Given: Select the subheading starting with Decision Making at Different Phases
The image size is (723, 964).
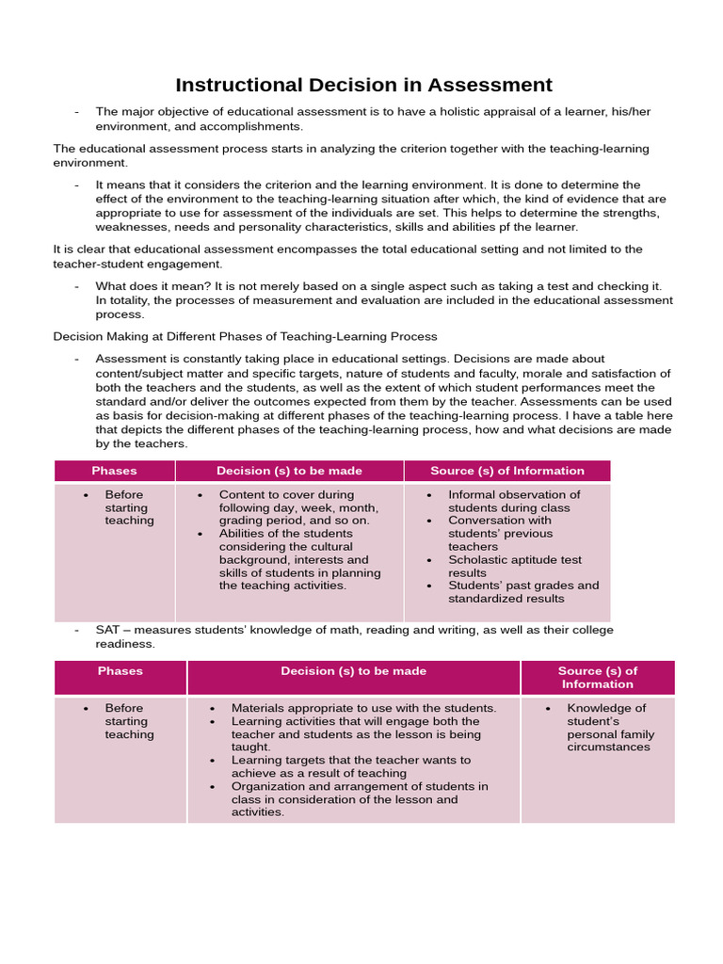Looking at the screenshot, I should [x=245, y=336].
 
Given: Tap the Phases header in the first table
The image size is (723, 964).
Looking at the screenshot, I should [x=114, y=471].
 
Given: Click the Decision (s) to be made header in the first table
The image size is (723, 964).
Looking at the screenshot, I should [x=289, y=471].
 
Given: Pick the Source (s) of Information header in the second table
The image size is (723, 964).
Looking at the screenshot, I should [x=597, y=678].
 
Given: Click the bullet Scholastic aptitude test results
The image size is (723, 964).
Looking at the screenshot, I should [x=514, y=566].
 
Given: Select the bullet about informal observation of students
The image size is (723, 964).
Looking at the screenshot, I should [x=514, y=501].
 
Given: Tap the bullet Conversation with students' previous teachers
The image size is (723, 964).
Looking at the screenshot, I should [x=500, y=533].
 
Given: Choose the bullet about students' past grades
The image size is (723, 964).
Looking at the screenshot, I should [x=522, y=591].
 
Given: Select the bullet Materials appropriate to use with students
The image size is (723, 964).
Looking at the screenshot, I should [x=362, y=708].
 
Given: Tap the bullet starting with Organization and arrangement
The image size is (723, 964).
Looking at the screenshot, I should [x=359, y=799].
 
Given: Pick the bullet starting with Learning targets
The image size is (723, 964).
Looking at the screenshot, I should [x=350, y=766].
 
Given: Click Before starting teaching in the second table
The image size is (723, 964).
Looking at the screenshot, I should [x=129, y=721].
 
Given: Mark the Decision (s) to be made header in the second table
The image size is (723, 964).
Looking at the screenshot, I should [x=353, y=671].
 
